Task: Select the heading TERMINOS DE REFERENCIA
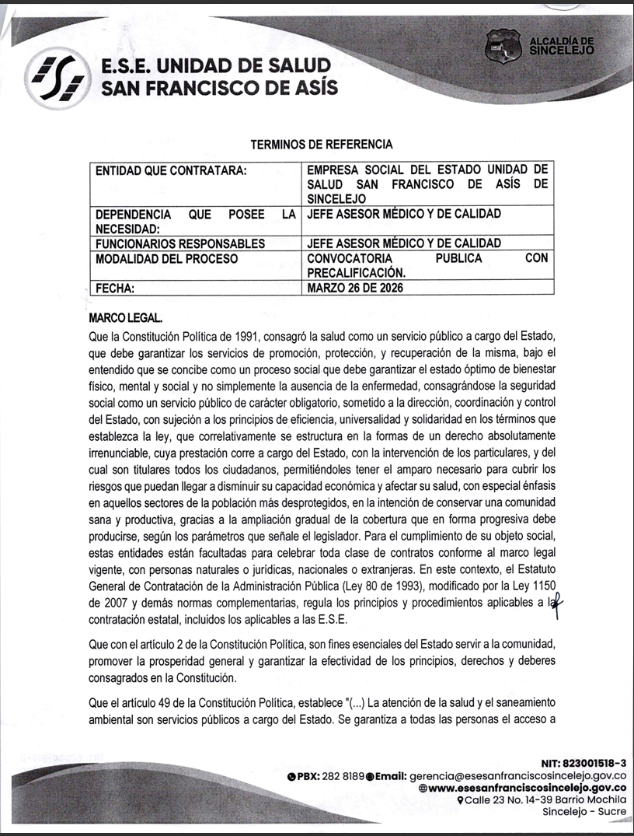pyautogui.click(x=322, y=145)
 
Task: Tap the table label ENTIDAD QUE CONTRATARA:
pyautogui.click(x=170, y=170)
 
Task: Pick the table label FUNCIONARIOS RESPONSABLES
pyautogui.click(x=179, y=243)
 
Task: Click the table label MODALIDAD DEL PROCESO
pyautogui.click(x=166, y=258)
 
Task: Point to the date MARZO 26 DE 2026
pyautogui.click(x=355, y=288)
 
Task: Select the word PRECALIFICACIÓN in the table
pyautogui.click(x=357, y=273)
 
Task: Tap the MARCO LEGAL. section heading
pyautogui.click(x=126, y=319)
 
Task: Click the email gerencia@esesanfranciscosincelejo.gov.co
pyautogui.click(x=518, y=775)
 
